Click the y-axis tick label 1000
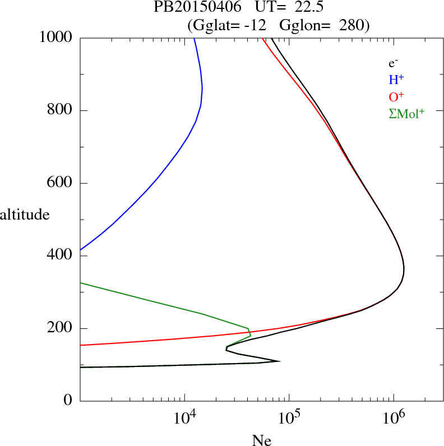point(56,38)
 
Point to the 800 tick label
point(60,110)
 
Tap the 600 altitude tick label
point(60,183)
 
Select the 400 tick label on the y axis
point(60,256)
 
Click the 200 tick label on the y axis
point(60,329)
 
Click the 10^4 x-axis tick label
point(185,418)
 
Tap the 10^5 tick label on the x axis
point(289,418)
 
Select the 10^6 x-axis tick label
point(394,418)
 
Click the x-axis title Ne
point(262,440)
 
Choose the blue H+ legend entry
point(397,80)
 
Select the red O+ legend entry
point(397,96)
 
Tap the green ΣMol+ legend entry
point(406,114)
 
